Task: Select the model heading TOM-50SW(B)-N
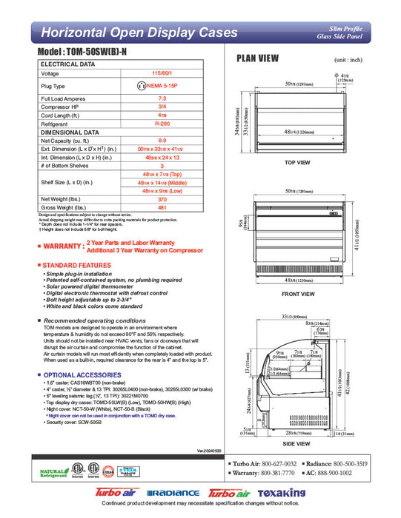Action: click(88, 55)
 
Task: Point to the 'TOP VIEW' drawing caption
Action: click(296, 162)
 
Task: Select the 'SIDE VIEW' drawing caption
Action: click(296, 443)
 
